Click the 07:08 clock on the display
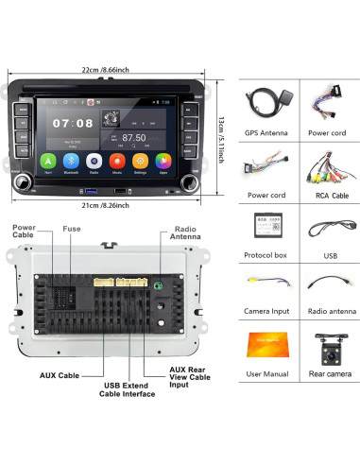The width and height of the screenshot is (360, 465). [x=73, y=123]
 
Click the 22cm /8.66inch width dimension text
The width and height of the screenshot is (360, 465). [x=106, y=70]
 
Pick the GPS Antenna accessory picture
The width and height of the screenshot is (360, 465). [x=265, y=103]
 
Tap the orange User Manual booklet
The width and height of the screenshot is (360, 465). [x=266, y=343]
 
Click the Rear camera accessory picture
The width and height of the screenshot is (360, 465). [x=325, y=342]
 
